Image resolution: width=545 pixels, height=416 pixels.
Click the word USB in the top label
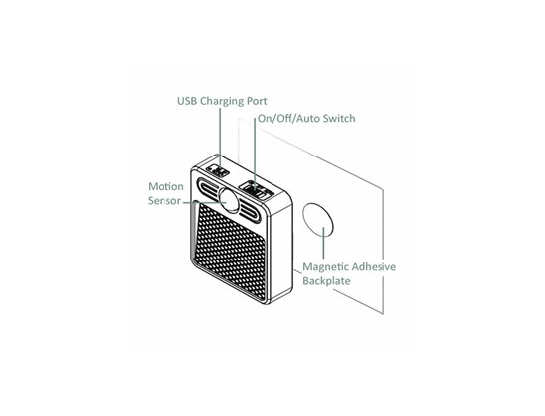[187, 101]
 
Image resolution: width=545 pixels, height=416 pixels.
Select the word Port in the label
[257, 101]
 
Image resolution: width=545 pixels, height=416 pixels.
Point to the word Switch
[339, 118]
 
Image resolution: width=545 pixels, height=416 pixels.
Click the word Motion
[165, 186]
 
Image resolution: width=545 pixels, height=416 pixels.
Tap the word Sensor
[164, 201]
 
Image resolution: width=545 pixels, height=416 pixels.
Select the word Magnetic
[326, 267]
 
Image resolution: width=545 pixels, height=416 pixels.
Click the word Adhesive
[374, 266]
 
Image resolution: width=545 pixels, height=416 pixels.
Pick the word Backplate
[326, 281]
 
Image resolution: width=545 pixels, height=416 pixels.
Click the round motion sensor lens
[229, 200]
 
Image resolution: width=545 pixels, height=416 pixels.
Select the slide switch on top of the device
[257, 190]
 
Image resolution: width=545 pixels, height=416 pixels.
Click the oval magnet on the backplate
[318, 220]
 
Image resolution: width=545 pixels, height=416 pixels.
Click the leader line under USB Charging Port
[220, 138]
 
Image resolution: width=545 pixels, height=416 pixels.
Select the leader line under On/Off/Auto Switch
[255, 153]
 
